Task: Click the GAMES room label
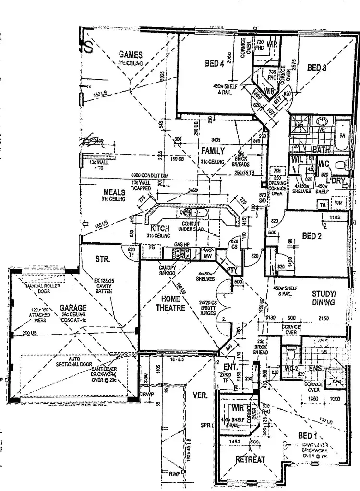[x=129, y=55]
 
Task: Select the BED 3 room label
[x=317, y=68]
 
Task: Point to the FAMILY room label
[x=213, y=151]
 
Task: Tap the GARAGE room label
[x=73, y=308]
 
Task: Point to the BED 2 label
[x=312, y=236]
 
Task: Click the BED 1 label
[x=308, y=436]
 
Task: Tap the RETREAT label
[x=250, y=460]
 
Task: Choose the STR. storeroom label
[x=103, y=259]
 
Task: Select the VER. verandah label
[x=200, y=396]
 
